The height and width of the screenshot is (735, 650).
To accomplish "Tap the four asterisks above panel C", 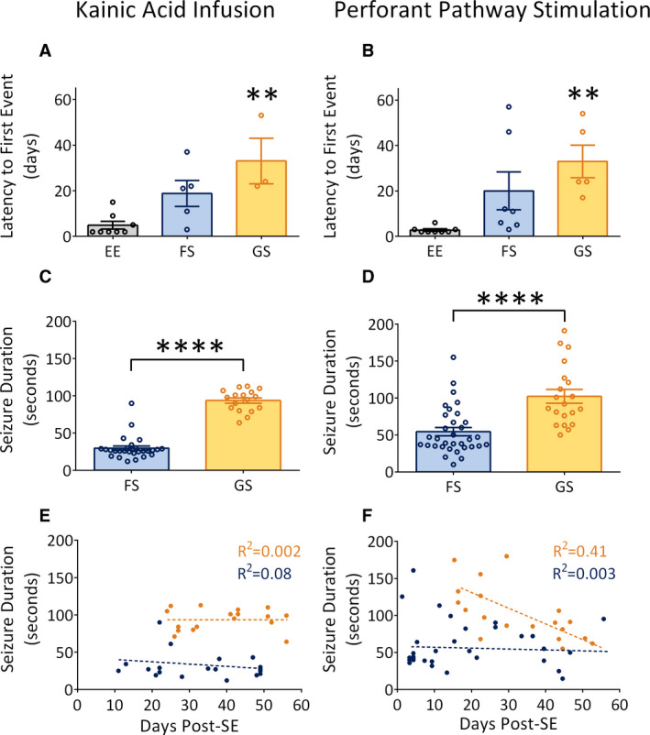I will (192, 347).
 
